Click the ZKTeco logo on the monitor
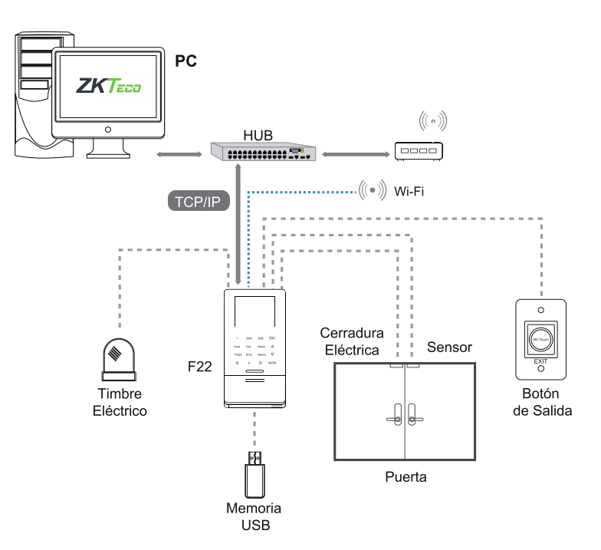(x=109, y=86)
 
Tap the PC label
(x=187, y=59)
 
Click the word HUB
(x=258, y=135)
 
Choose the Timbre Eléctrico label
(x=119, y=403)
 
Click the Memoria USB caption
(x=254, y=516)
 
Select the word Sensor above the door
(x=449, y=347)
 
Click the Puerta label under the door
(x=406, y=476)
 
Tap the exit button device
(x=542, y=338)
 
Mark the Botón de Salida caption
(x=542, y=403)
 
